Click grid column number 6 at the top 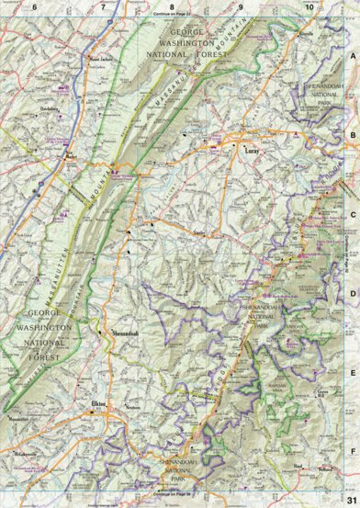point(34,6)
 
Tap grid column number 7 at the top point(103,6)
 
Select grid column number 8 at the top point(171,6)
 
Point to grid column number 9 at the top point(240,6)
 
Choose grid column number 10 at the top point(309,6)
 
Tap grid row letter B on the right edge point(353,134)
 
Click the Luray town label point(253,147)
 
